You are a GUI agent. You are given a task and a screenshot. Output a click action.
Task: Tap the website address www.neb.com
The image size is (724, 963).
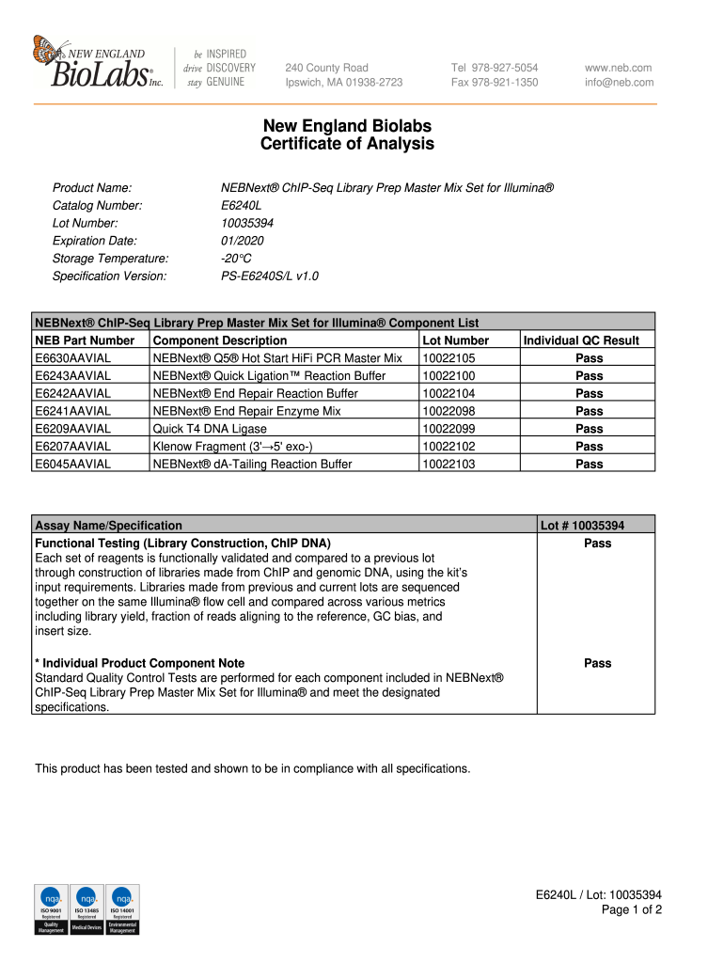click(x=618, y=68)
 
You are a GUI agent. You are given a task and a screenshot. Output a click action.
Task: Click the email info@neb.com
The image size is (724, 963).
click(x=619, y=83)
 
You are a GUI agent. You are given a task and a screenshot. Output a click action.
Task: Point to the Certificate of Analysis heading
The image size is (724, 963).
click(x=347, y=144)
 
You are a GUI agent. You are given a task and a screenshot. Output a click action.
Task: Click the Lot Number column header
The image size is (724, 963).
click(x=456, y=340)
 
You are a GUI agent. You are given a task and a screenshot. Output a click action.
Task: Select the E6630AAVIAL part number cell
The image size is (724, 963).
click(x=72, y=358)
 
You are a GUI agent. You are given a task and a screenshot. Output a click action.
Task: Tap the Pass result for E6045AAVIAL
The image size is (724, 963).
click(x=590, y=465)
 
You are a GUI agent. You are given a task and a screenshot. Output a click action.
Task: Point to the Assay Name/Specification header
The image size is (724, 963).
click(x=108, y=526)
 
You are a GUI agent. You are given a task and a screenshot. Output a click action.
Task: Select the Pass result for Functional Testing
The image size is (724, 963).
click(x=597, y=544)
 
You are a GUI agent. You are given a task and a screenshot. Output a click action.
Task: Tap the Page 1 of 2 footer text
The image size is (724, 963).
click(x=631, y=909)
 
